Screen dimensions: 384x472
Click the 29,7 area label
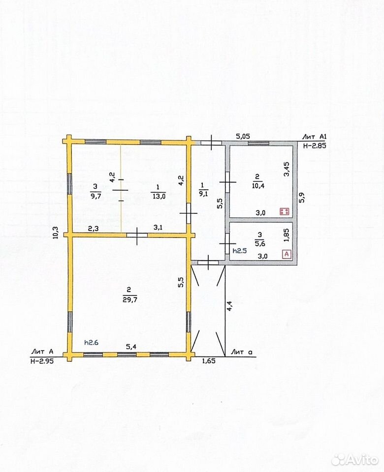130,300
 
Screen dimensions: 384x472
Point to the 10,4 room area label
258,186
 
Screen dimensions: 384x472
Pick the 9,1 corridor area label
203,194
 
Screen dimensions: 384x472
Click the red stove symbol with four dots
284,211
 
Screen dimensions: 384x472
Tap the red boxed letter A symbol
287,254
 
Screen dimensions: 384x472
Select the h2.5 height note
240,250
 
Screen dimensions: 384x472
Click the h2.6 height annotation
92,342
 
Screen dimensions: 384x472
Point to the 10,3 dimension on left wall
56,232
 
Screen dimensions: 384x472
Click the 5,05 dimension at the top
243,136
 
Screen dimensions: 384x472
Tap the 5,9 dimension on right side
302,198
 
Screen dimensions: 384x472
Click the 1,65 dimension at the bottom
208,360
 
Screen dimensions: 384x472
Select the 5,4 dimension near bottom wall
131,347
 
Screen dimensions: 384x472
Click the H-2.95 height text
42,361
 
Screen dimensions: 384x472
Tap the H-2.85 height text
315,146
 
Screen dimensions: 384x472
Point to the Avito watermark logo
354,460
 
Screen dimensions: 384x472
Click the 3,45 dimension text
287,169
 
